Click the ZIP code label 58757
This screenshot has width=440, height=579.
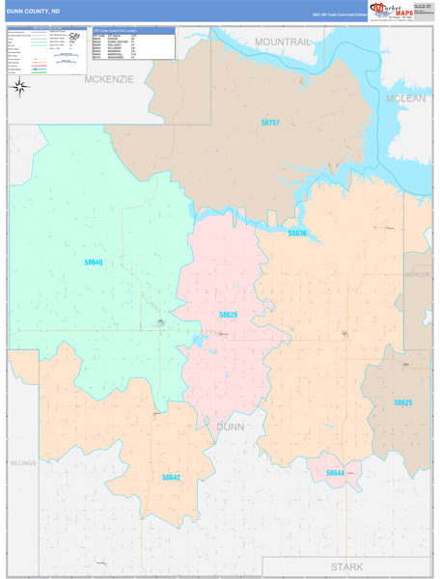(x=270, y=123)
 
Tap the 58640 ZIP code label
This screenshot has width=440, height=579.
(x=93, y=262)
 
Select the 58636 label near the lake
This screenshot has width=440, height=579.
(x=297, y=234)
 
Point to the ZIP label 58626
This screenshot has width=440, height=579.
(x=228, y=316)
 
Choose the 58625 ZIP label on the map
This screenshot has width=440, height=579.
(x=402, y=402)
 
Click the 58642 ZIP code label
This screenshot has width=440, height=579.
(x=171, y=477)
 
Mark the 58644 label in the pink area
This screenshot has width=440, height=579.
(x=335, y=473)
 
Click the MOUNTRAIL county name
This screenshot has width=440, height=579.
(x=283, y=42)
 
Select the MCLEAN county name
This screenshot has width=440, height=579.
(x=405, y=98)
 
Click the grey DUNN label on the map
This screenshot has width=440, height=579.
(x=231, y=426)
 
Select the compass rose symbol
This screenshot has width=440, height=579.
(x=18, y=87)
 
